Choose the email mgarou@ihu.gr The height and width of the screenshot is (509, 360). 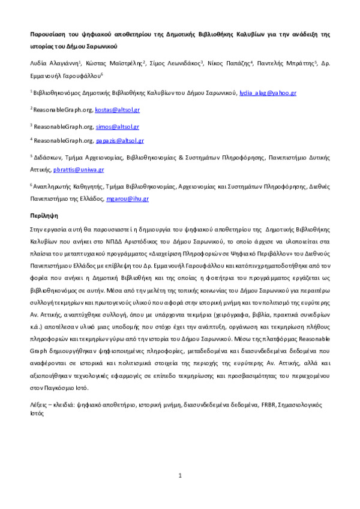point(127,199)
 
